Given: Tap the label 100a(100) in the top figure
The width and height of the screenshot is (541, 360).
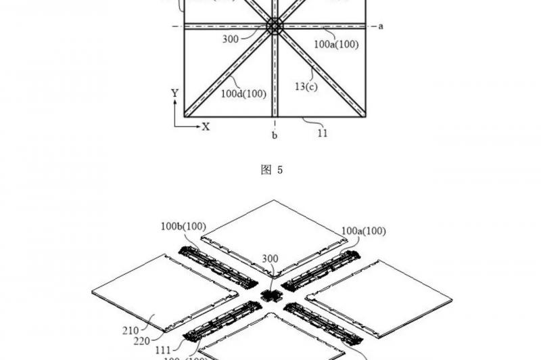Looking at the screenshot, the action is [336, 45].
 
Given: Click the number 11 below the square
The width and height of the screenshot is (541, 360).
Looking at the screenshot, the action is [322, 133].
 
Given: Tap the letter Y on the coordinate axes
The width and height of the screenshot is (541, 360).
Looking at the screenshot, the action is [174, 92].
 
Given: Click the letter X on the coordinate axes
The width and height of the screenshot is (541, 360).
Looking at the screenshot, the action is [206, 127].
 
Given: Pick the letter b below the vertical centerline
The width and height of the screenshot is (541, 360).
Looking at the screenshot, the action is [275, 135].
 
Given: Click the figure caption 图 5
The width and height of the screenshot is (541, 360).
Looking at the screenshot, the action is [272, 170].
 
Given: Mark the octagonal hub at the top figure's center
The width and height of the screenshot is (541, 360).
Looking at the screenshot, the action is [275, 26].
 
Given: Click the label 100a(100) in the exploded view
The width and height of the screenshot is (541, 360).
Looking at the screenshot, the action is [364, 231].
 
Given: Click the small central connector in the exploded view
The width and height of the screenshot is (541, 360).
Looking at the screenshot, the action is [272, 296].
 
